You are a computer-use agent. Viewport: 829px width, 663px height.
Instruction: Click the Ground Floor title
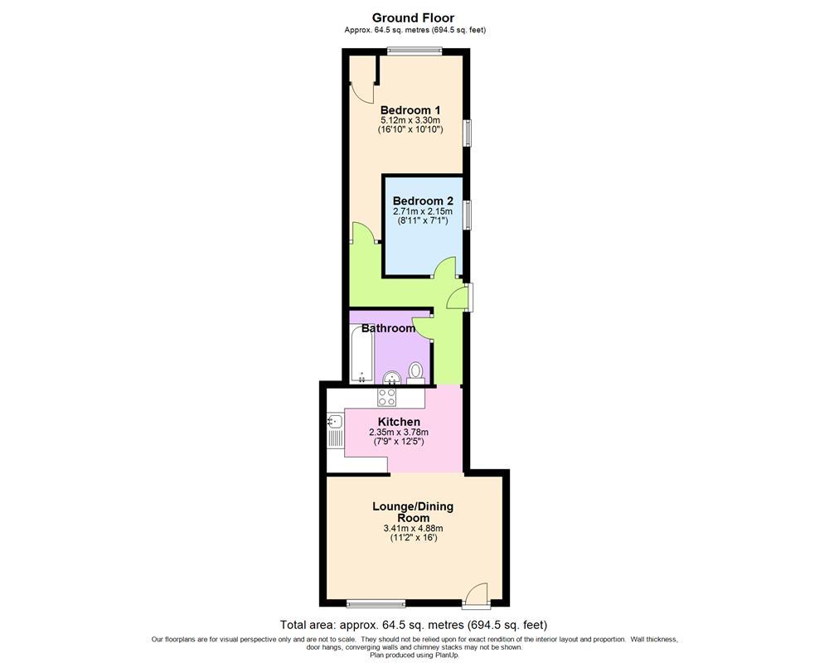[x=413, y=17]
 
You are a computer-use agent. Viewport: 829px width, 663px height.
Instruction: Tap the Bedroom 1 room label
[x=410, y=110]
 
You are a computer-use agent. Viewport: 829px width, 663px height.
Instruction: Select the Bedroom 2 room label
[x=423, y=201]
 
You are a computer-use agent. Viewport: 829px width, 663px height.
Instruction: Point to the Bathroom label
[x=388, y=328]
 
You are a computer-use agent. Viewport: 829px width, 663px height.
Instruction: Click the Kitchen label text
[x=399, y=422]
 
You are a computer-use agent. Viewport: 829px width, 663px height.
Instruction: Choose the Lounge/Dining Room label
[x=412, y=511]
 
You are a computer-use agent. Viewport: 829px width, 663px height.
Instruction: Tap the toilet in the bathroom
[x=416, y=371]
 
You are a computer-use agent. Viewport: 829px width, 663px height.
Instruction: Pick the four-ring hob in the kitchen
[x=387, y=397]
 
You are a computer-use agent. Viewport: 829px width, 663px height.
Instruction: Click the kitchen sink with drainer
[x=334, y=431]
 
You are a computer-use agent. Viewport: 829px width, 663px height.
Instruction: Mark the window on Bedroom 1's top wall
[x=411, y=51]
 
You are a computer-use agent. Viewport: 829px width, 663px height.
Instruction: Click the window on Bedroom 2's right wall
[x=467, y=214]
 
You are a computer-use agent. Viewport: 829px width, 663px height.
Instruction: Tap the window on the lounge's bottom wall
[x=370, y=603]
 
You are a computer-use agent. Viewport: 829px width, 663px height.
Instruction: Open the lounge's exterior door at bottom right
[x=477, y=595]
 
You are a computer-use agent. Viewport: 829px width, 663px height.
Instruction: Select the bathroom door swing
[x=424, y=327]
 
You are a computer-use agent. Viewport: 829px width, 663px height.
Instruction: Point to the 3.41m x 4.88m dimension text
[x=413, y=529]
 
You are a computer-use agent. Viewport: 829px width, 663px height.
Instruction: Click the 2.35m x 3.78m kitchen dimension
[x=399, y=432]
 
